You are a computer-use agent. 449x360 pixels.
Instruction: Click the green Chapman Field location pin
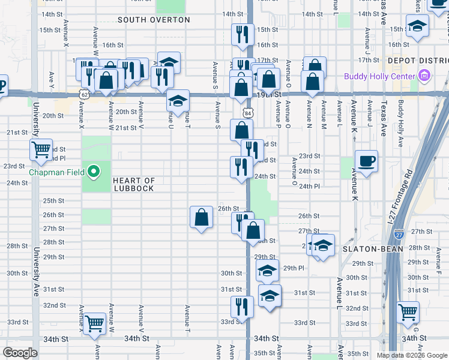pos(93,172)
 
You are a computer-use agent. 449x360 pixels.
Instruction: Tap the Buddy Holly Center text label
pos(379,76)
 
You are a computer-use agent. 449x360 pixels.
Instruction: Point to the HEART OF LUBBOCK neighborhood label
pos(133,184)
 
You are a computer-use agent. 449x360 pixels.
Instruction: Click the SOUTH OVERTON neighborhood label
pos(154,20)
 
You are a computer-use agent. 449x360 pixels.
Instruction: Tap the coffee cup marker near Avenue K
pos(366,161)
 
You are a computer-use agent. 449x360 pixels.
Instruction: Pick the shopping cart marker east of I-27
pos(408,312)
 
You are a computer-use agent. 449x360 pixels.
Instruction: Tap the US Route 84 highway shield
pos(249,113)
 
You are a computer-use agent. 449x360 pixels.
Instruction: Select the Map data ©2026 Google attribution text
pos(411,355)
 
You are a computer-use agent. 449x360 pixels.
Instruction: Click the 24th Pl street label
pos(309,186)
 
